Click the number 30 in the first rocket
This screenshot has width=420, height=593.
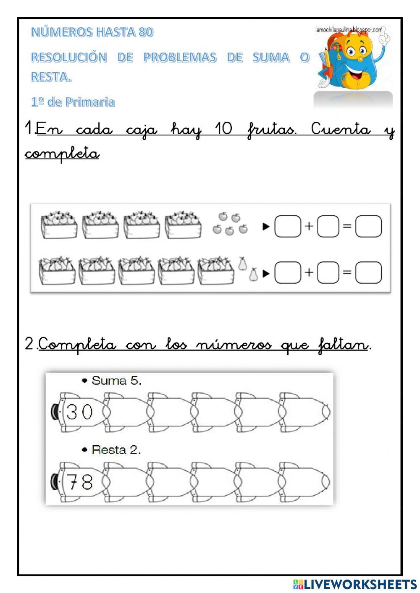[x=79, y=412]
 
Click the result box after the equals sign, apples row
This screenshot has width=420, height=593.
[x=368, y=227]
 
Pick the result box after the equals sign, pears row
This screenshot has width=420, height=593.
[x=368, y=273]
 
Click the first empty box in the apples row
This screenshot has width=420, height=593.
[x=288, y=227]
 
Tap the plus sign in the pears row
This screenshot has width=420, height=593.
[x=309, y=272]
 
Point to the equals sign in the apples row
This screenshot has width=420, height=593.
[x=347, y=226]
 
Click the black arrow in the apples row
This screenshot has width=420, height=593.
[x=266, y=227]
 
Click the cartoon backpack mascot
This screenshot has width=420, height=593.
[x=353, y=63]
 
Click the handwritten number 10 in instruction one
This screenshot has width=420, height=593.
[x=223, y=129]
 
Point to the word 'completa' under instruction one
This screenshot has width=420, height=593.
[x=62, y=154]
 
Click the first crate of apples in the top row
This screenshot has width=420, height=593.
[x=59, y=225]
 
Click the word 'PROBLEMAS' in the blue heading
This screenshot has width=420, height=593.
[x=180, y=57]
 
